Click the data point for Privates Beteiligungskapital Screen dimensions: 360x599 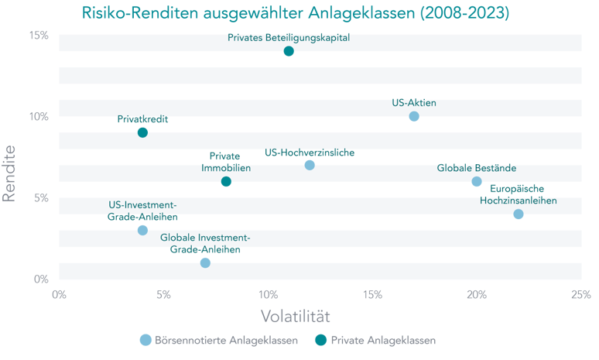(x=289, y=52)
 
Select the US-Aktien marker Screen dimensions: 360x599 (x=414, y=117)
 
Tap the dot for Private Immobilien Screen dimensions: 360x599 (x=226, y=182)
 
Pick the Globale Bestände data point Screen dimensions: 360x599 (x=477, y=182)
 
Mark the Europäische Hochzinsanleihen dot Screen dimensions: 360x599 (x=518, y=214)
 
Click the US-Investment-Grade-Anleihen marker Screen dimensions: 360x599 (x=142, y=229)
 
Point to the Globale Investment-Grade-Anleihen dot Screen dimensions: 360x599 (x=205, y=262)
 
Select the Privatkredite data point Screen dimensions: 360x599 (x=142, y=132)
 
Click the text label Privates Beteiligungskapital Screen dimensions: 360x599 (x=289, y=37)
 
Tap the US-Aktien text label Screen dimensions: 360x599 (x=414, y=102)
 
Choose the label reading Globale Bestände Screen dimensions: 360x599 (x=477, y=167)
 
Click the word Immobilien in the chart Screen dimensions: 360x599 (x=226, y=168)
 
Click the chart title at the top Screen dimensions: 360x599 (x=296, y=13)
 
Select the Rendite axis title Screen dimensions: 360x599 (x=10, y=173)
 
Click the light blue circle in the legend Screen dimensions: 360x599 (x=145, y=340)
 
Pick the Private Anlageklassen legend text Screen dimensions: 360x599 (x=383, y=340)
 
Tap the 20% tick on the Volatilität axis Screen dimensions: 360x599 (x=477, y=293)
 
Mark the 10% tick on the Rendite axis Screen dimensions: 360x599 (x=39, y=116)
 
